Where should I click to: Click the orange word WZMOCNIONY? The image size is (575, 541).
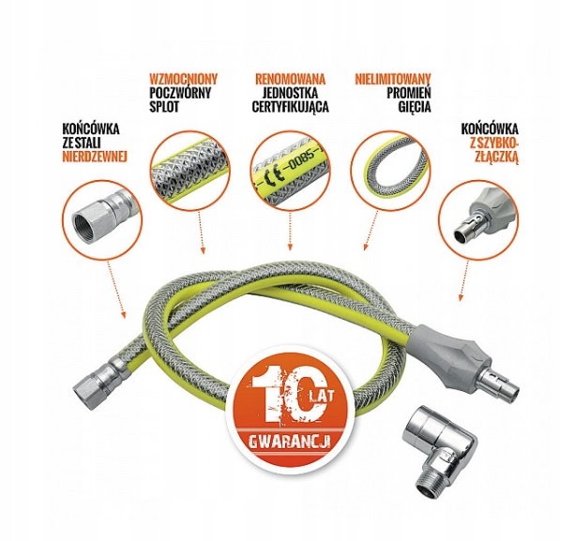[183, 79]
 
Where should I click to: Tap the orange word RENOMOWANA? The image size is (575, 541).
[290, 79]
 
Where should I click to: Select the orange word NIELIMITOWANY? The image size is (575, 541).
[393, 79]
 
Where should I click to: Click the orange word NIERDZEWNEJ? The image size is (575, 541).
[95, 157]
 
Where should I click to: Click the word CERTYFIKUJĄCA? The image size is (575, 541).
[290, 107]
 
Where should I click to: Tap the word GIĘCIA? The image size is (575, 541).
[415, 107]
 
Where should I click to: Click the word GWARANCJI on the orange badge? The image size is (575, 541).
[289, 442]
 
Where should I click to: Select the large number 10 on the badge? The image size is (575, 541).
[280, 397]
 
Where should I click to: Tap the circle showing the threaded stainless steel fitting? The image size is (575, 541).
[102, 219]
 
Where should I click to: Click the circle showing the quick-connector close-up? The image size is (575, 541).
[478, 221]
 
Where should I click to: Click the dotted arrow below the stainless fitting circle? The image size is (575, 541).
[116, 290]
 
